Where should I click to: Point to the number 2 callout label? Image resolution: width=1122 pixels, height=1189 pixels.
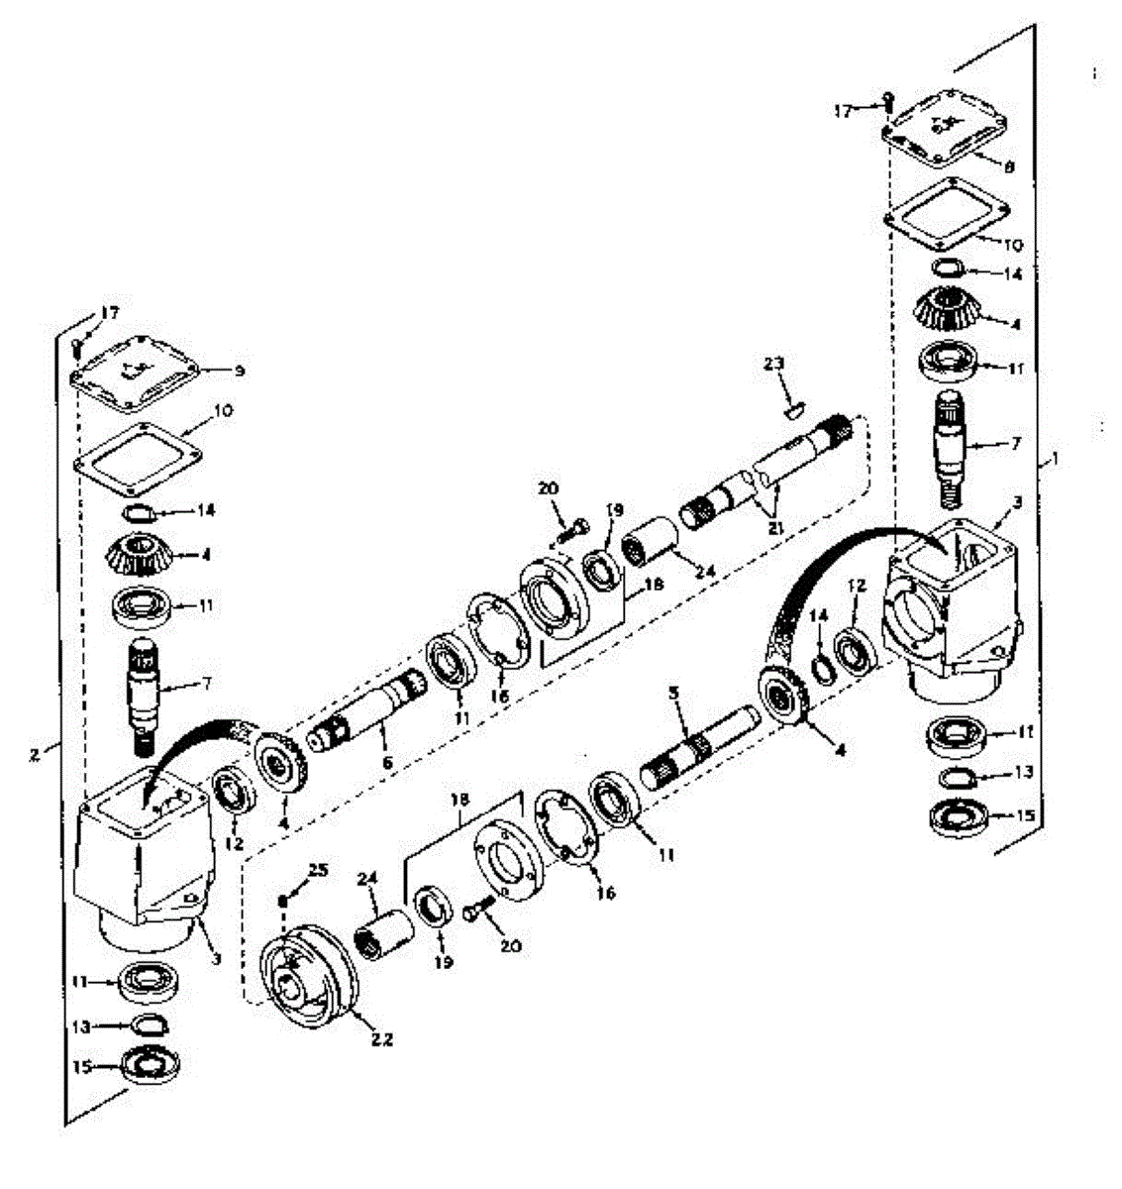pos(35,753)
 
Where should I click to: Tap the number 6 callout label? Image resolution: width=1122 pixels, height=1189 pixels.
pos(387,762)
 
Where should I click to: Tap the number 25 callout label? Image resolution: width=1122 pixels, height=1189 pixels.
pos(316,870)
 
